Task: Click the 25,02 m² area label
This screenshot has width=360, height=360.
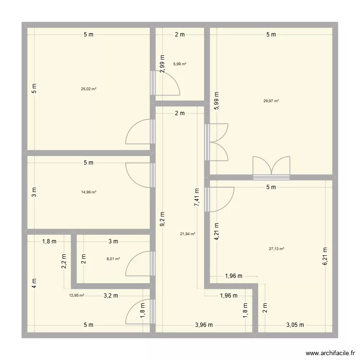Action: (x=89, y=89)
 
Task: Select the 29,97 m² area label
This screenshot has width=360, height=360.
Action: (x=271, y=101)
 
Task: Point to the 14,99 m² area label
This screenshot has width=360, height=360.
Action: (x=89, y=192)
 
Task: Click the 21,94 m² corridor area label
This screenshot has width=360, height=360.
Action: (x=188, y=234)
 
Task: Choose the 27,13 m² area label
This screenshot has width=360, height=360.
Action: (x=276, y=249)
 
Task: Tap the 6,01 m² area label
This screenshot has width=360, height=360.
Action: (x=113, y=259)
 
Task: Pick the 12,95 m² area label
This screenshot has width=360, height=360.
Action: (x=77, y=296)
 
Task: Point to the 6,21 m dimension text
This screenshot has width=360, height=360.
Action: (x=324, y=257)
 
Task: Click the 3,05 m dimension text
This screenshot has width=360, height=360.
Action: (x=295, y=325)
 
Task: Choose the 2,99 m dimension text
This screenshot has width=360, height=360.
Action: (x=162, y=63)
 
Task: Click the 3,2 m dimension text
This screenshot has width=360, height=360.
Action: (x=110, y=296)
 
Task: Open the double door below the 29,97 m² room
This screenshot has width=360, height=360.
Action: (x=272, y=168)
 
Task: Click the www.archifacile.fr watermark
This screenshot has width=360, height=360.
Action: (x=329, y=352)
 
